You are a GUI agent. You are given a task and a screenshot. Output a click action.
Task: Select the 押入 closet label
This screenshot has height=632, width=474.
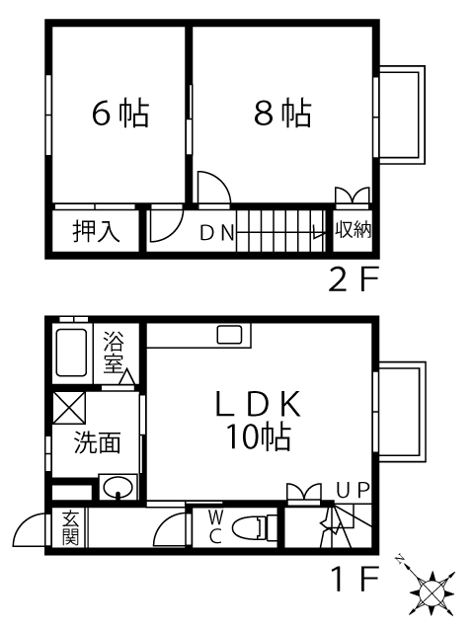click(96, 231)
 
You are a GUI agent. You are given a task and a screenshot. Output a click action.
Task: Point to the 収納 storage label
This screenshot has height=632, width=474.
click(354, 230)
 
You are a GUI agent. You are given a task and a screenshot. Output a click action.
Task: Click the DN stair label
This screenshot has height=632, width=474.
click(217, 233)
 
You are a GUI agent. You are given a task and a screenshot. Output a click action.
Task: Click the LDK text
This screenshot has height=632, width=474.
click(259, 404)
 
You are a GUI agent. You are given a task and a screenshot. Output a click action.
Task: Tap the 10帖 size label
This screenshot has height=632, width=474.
click(259, 436)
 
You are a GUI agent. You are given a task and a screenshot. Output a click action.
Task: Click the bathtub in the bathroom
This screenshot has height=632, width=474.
click(71, 353)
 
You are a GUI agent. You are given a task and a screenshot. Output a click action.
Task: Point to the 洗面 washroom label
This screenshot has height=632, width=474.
click(97, 442)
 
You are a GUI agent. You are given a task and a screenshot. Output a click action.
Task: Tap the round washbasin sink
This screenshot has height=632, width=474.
click(118, 487)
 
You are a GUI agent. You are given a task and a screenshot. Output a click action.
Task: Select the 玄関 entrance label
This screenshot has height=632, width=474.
click(70, 527)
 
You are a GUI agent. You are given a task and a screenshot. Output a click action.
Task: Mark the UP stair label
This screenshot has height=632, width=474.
click(354, 490)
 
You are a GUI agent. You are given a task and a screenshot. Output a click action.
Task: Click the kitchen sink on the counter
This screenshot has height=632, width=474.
click(229, 335)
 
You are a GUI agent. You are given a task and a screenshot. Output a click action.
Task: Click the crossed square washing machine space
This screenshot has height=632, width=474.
click(69, 407)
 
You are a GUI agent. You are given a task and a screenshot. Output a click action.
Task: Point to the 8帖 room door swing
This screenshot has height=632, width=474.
click(214, 188)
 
